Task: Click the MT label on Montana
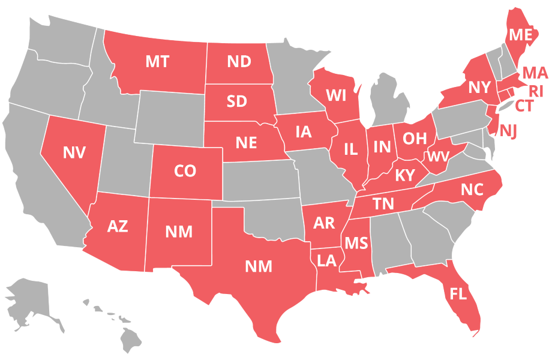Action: [157, 61]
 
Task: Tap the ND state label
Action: [239, 61]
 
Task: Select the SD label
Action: [237, 101]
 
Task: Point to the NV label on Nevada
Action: [74, 152]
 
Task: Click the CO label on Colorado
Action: [185, 172]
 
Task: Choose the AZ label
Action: [118, 226]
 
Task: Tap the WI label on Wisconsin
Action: [336, 95]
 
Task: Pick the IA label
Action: [304, 131]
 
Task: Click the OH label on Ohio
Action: [414, 139]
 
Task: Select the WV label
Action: [438, 157]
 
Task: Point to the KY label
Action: [405, 176]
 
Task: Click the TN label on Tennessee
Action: [383, 204]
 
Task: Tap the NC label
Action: [472, 190]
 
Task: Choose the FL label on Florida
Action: [458, 294]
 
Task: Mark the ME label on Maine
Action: [520, 35]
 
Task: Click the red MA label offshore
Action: [535, 73]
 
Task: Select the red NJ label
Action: [508, 130]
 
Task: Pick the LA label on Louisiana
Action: [327, 260]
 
